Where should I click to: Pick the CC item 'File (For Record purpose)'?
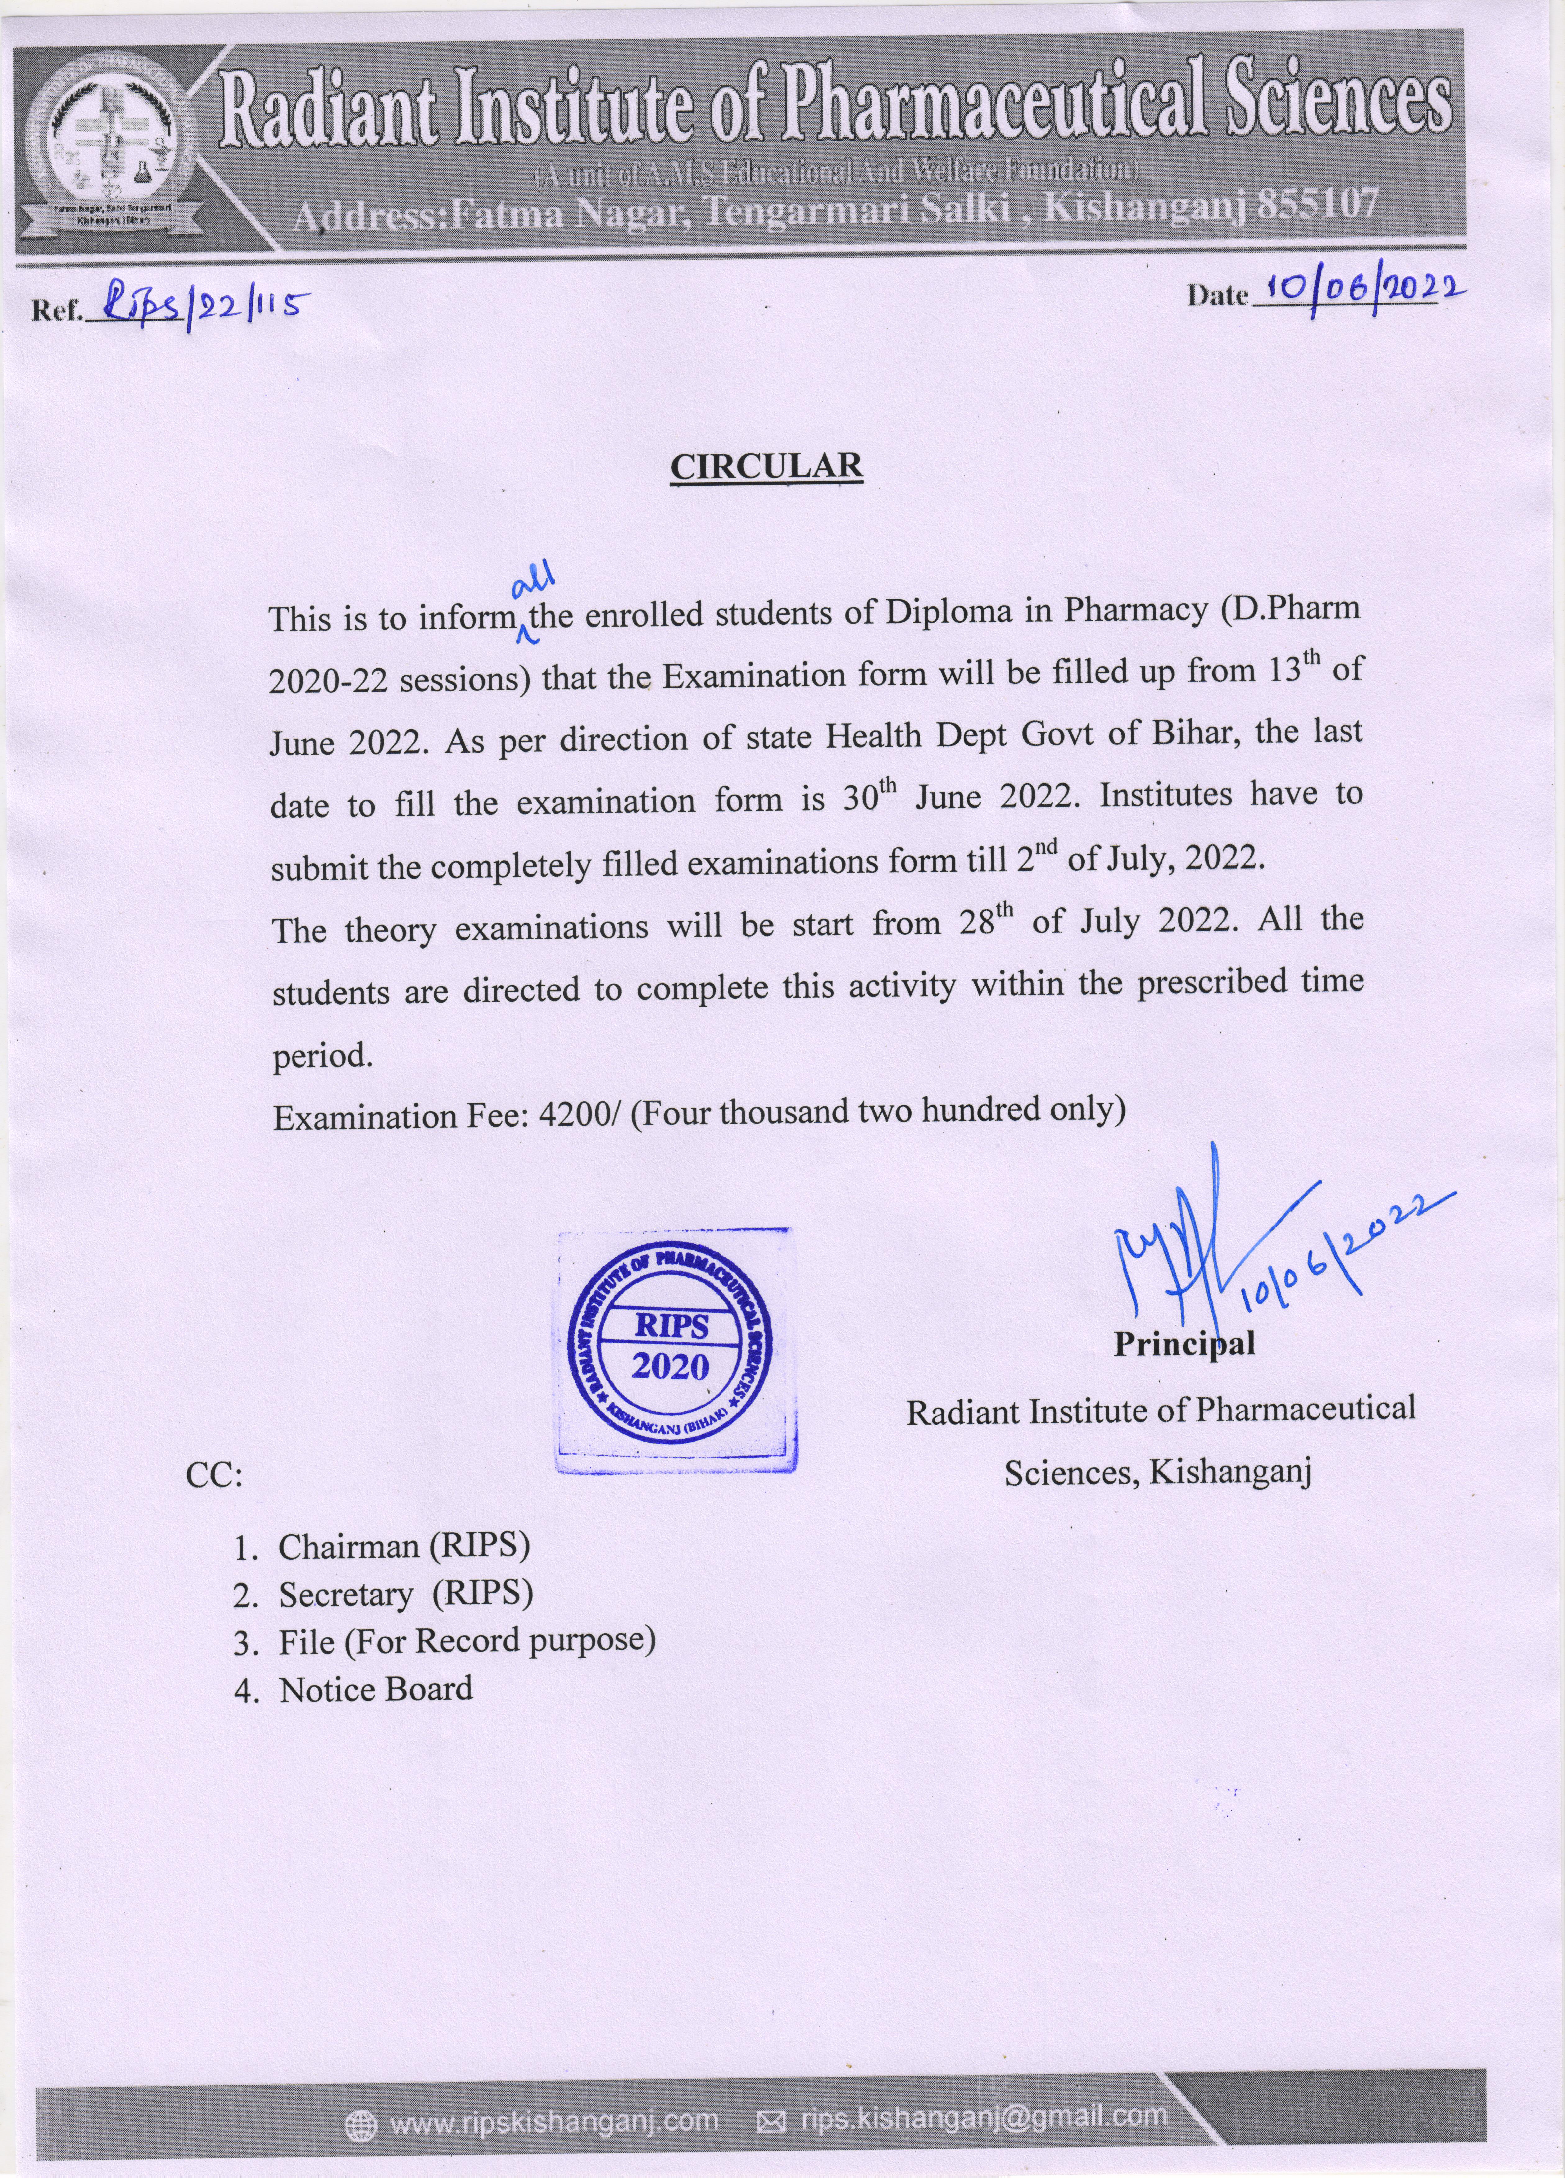[x=467, y=1641]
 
